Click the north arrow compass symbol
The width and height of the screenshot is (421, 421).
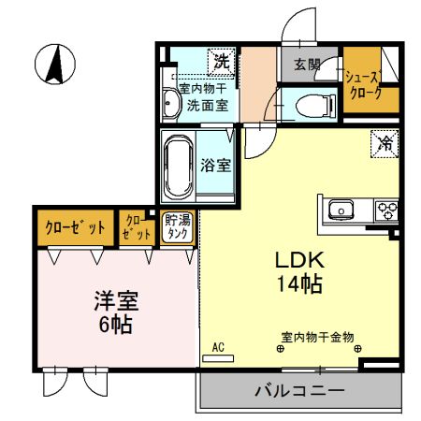click(54, 64)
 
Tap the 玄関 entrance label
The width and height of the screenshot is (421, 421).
click(307, 65)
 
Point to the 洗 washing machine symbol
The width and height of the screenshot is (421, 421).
click(221, 62)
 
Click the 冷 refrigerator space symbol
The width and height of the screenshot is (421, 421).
click(384, 143)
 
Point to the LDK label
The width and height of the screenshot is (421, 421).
click(298, 260)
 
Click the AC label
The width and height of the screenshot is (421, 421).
click(217, 348)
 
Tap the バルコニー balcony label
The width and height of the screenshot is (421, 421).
click(300, 390)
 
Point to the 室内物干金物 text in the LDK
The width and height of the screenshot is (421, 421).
click(318, 337)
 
